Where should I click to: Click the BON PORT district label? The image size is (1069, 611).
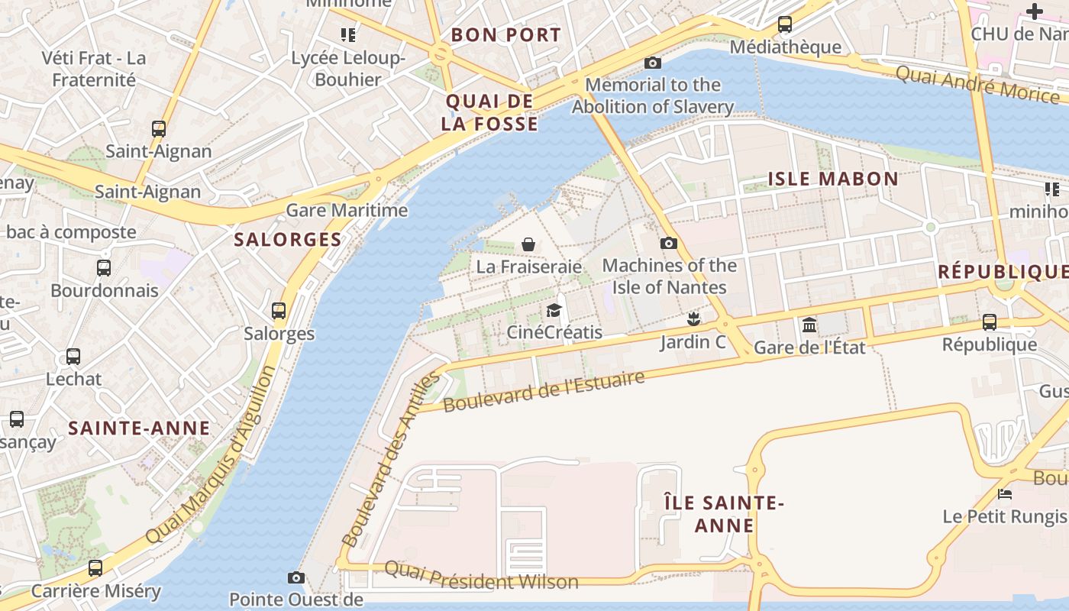click(x=505, y=35)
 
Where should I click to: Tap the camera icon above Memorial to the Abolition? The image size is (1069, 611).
click(x=653, y=63)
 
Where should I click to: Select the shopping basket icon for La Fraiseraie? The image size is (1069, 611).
click(x=528, y=244)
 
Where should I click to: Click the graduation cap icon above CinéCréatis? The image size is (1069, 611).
click(x=554, y=310)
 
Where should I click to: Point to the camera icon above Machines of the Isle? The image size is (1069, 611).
click(x=668, y=243)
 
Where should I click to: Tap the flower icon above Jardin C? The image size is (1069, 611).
click(x=693, y=318)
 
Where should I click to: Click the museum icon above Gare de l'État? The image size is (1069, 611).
click(x=809, y=326)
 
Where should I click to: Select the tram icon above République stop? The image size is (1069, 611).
click(x=990, y=322)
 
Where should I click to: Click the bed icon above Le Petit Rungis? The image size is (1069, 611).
click(x=1005, y=494)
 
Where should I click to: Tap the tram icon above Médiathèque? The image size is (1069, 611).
click(x=785, y=24)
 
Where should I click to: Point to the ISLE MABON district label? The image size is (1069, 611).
click(x=833, y=179)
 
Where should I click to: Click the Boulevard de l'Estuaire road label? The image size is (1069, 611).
click(x=544, y=390)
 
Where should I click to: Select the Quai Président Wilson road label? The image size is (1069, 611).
click(x=481, y=575)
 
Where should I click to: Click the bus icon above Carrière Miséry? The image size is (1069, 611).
click(x=95, y=568)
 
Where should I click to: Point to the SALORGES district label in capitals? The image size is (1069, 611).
click(x=288, y=239)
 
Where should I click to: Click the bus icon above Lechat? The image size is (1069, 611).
click(x=73, y=357)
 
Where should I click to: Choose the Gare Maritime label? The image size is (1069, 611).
click(x=347, y=210)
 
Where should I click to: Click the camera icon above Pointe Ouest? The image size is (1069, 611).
click(x=296, y=577)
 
